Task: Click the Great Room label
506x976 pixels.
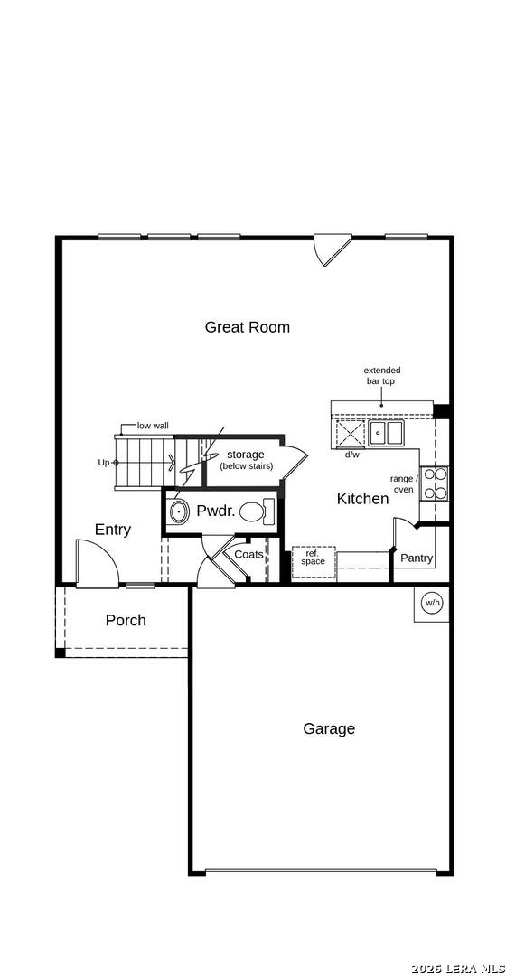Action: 247,327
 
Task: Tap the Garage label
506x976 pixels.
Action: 329,728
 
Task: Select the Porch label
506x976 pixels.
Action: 126,620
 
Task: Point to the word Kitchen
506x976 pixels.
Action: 362,498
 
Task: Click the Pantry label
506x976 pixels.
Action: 417,558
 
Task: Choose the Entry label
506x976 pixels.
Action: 113,530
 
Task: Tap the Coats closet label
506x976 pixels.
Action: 248,554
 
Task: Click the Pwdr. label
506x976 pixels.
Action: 216,511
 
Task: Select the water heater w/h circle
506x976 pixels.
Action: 433,603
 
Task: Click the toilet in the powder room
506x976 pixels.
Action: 256,512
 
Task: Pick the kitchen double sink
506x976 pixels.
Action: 385,434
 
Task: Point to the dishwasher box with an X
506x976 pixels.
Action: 350,434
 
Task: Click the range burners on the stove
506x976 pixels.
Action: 435,483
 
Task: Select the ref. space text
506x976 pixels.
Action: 313,558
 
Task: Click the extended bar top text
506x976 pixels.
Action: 381,376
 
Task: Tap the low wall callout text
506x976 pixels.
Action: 153,425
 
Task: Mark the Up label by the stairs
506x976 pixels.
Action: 104,462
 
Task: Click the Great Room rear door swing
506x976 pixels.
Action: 330,249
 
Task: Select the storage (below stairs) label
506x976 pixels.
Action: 246,459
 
